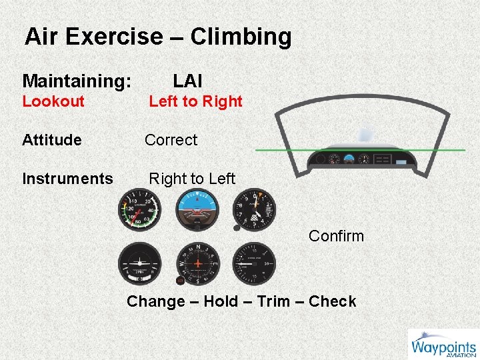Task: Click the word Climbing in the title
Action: pyautogui.click(x=241, y=37)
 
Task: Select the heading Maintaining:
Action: pyautogui.click(x=77, y=81)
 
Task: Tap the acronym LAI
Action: pyautogui.click(x=187, y=81)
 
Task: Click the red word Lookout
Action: pyautogui.click(x=53, y=101)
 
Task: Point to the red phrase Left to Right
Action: pyautogui.click(x=195, y=101)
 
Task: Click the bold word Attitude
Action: pyautogui.click(x=52, y=140)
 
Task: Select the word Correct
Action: pyautogui.click(x=171, y=140)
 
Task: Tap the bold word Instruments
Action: pyautogui.click(x=67, y=179)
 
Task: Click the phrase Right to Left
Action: pyautogui.click(x=192, y=179)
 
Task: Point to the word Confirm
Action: pyautogui.click(x=336, y=236)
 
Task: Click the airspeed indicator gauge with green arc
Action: pyautogui.click(x=139, y=210)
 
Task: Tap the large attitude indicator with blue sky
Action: pyautogui.click(x=196, y=210)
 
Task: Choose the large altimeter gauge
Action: pyautogui.click(x=253, y=210)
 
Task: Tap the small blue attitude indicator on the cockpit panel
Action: pyautogui.click(x=349, y=159)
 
